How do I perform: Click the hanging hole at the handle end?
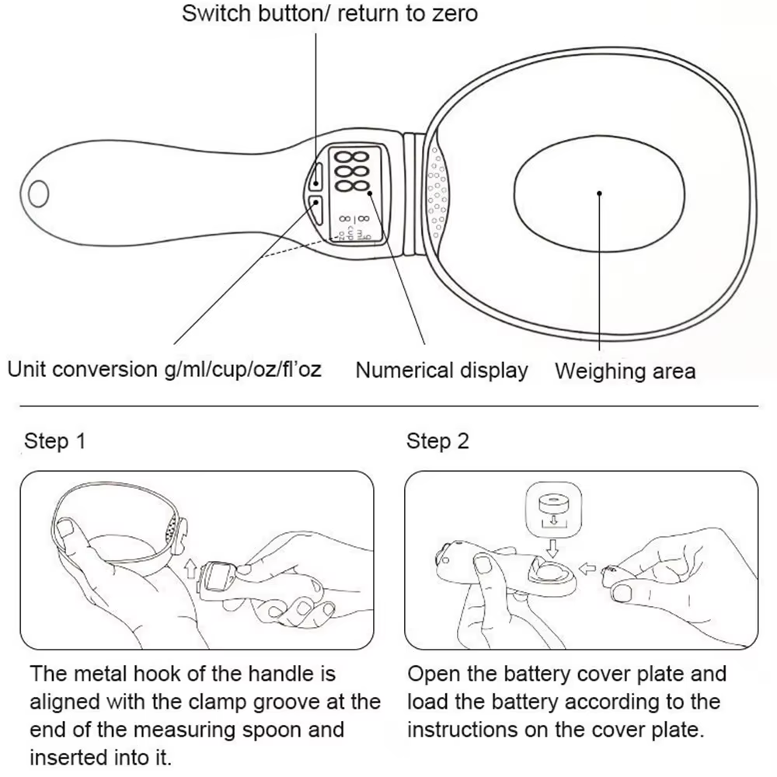tap(39, 193)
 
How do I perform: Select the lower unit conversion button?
tap(316, 210)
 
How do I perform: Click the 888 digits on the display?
tap(352, 172)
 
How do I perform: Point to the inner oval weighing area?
tap(600, 193)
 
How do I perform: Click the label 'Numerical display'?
tap(441, 371)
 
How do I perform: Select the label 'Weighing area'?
tap(625, 371)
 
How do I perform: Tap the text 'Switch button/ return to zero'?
tap(329, 13)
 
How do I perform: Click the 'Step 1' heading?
tap(54, 441)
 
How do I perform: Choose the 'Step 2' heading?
tap(437, 441)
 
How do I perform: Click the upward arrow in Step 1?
tap(190, 569)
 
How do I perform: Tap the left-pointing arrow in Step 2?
tap(587, 569)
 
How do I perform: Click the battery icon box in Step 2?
tap(553, 510)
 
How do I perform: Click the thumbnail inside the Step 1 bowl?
tap(65, 530)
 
